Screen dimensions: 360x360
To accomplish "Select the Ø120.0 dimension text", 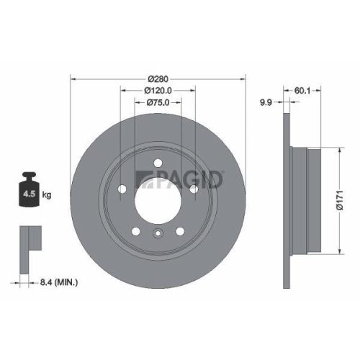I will pyautogui.click(x=158, y=91).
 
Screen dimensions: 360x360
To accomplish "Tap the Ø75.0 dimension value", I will pyautogui.click(x=158, y=103).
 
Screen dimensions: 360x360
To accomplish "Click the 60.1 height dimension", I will pyautogui.click(x=302, y=91).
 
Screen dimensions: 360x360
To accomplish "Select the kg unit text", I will pyautogui.click(x=47, y=194).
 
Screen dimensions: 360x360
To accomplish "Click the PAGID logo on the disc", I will pyautogui.click(x=181, y=178).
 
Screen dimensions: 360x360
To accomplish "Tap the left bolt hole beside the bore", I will pyautogui.click(x=123, y=189).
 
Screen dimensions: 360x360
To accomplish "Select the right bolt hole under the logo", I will pyautogui.click(x=193, y=189).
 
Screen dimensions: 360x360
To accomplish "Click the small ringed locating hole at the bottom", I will pyautogui.click(x=158, y=233).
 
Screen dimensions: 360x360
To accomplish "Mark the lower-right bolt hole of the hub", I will pyautogui.click(x=179, y=230).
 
